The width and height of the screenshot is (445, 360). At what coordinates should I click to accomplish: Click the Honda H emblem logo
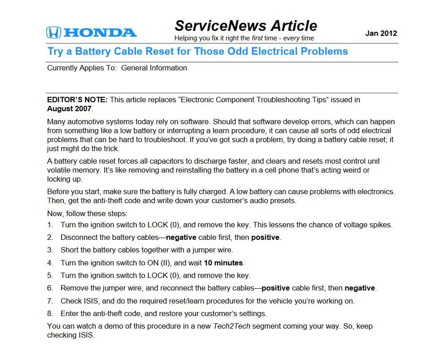pos(53,32)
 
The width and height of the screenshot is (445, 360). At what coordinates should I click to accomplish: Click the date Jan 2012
pos(381,33)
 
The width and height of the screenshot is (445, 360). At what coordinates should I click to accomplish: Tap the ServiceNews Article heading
pos(246,25)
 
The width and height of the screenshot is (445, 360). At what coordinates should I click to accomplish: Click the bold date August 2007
pos(69,108)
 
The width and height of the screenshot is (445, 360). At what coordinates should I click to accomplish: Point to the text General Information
pos(154,68)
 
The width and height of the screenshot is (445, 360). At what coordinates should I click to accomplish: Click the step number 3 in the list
pos(50,250)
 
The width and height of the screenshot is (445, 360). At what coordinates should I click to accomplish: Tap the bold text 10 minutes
pos(223,263)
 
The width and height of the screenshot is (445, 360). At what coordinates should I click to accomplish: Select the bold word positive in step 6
pos(275,288)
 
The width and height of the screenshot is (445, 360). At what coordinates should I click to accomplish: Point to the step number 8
pos(50,313)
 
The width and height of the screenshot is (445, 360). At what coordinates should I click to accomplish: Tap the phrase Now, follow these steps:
pos(87,214)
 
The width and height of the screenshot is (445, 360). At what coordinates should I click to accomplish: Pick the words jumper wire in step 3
pos(212,250)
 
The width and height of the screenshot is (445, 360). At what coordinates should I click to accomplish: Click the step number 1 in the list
pos(50,225)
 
